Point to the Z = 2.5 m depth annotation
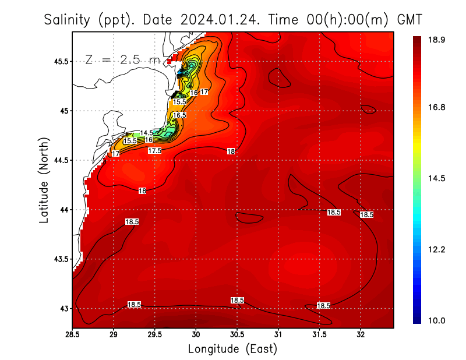point(122,59)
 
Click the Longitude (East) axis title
point(232,349)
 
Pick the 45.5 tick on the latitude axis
point(59,61)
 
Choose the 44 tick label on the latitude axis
point(62,210)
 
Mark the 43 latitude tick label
point(62,308)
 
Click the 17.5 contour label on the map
point(154,150)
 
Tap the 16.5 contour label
point(179,115)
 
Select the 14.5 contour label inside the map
point(147,133)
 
